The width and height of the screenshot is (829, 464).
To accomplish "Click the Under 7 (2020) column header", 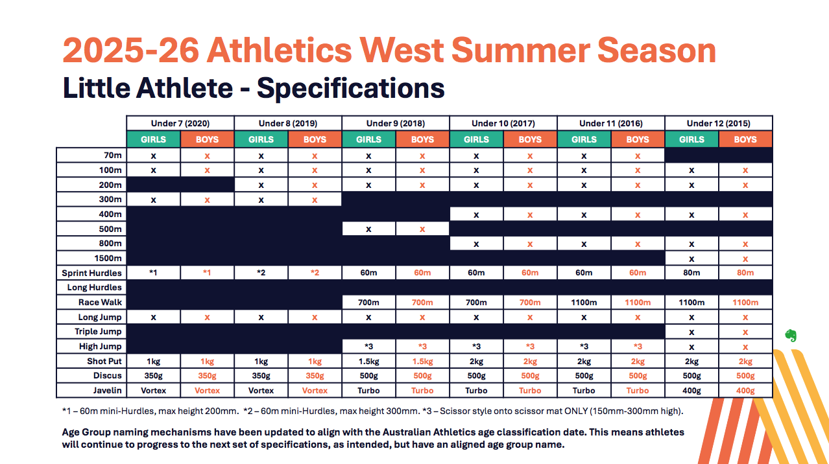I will [x=180, y=123].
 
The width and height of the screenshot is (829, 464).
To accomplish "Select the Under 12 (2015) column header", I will [x=719, y=123].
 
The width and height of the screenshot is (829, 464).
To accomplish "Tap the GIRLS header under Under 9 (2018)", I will [x=368, y=139].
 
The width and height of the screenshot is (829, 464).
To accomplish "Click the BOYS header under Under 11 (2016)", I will [x=638, y=139].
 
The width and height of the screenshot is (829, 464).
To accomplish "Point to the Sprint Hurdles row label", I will [x=91, y=273].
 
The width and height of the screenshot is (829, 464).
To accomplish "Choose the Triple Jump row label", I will [x=98, y=332].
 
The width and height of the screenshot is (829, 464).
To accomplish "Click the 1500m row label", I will [x=107, y=259].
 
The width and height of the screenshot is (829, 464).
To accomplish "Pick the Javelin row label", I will [x=106, y=390].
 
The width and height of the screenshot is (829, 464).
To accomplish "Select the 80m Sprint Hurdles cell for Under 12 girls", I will [x=691, y=273].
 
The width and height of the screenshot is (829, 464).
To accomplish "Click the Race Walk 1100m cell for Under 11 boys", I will [x=638, y=303].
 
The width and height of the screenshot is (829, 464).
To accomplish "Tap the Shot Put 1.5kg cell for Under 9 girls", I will [x=368, y=361].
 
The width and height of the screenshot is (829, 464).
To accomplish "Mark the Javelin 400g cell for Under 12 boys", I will [x=745, y=391].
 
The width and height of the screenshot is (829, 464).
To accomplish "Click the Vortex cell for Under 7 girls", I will [x=154, y=391].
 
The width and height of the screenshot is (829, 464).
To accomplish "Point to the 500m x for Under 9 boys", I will [x=422, y=229].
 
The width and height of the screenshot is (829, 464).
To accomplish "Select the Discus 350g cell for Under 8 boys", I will [x=315, y=376].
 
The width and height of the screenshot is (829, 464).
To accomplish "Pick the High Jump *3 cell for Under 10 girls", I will [x=476, y=347].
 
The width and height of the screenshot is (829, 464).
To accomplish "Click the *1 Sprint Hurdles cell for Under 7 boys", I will [x=207, y=273].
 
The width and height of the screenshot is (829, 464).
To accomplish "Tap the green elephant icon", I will [x=790, y=335].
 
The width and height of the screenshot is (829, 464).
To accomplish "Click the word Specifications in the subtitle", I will [x=350, y=88].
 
